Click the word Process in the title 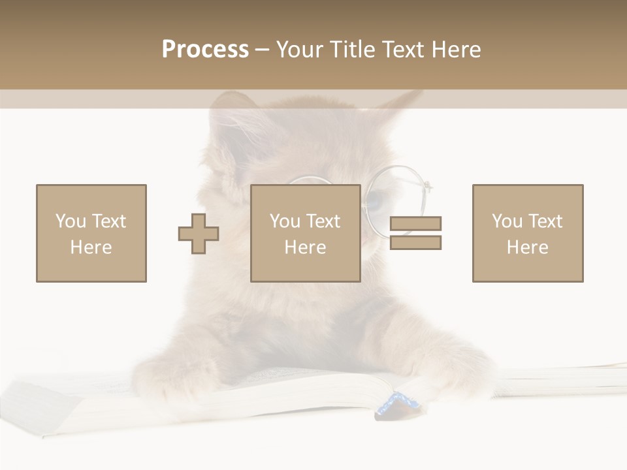205,50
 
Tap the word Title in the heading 351,50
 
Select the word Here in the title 453,50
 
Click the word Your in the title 300,50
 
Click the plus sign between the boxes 199,234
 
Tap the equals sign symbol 415,233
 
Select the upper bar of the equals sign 415,223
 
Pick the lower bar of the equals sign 415,243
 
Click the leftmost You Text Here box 91,233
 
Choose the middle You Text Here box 305,233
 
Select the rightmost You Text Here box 527,233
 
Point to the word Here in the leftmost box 91,247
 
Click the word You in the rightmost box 507,221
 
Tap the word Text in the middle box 323,221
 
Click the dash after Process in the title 262,50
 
